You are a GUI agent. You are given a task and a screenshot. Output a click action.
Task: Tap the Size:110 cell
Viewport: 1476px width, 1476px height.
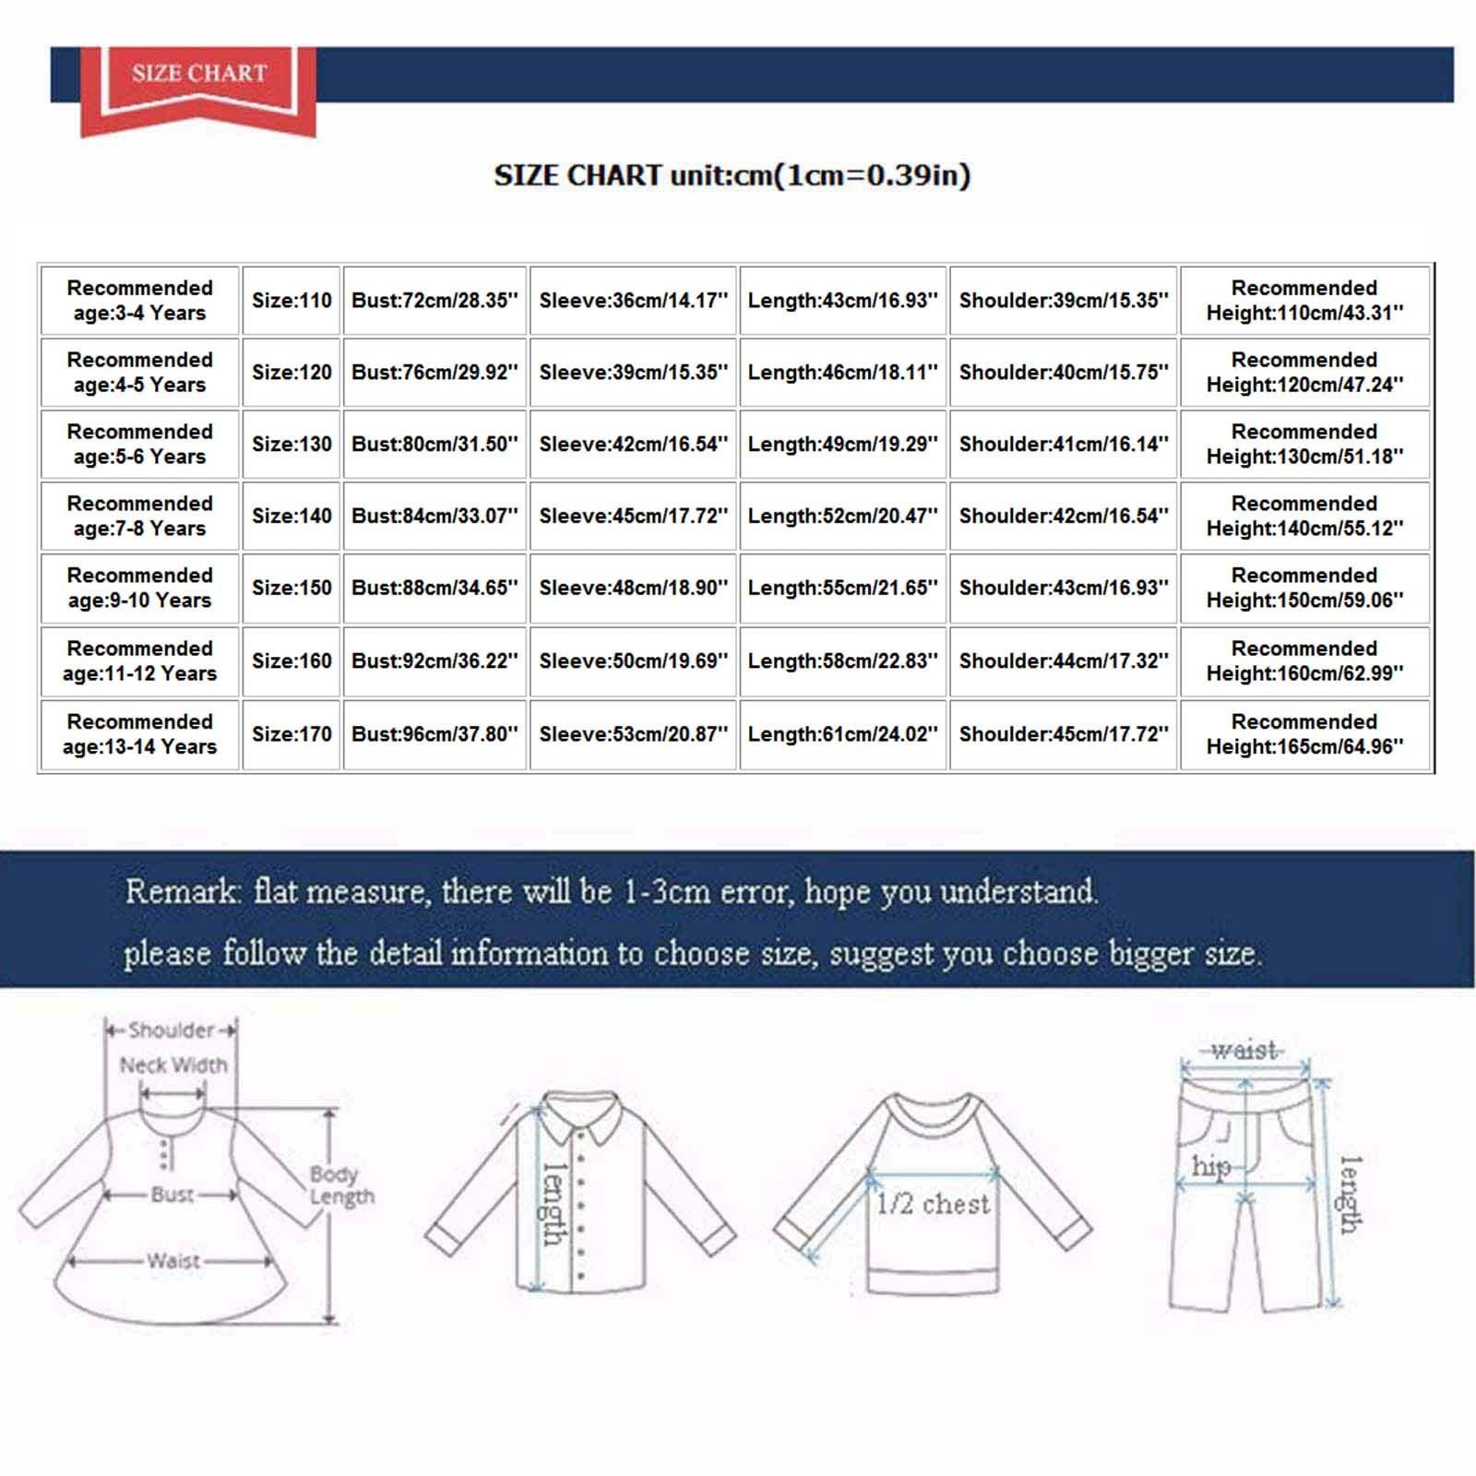coord(292,301)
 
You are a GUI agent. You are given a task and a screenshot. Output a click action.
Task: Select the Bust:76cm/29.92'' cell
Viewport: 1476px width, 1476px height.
coord(434,373)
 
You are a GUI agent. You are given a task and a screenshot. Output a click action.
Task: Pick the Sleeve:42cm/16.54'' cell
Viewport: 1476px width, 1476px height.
coord(633,445)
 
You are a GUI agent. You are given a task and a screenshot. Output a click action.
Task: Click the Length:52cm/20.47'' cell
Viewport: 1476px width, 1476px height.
coord(842,517)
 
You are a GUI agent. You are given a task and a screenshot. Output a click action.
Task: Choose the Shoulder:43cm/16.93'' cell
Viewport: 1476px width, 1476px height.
coord(1064,589)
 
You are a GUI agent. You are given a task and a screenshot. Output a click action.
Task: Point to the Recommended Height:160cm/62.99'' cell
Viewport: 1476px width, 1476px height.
coord(1304,661)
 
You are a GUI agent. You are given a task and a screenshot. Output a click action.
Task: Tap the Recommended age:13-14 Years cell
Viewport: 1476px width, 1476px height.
coord(139,734)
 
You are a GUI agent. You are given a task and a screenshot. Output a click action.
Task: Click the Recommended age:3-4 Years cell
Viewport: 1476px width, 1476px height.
coord(139,301)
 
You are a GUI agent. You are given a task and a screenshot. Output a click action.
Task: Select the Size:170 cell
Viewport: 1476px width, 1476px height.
coord(292,734)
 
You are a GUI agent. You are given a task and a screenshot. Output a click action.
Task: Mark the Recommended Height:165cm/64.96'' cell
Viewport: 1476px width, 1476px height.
coord(1304,734)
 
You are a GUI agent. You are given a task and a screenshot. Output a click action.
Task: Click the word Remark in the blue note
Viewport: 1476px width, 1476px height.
coord(182,891)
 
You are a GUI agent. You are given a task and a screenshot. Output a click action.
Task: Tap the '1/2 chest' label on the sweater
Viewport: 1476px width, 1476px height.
coord(933,1204)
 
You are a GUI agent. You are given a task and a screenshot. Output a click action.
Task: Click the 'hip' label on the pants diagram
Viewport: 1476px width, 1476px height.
coord(1210,1167)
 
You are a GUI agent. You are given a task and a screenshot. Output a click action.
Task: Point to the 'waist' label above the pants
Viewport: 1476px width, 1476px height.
coord(1244,1050)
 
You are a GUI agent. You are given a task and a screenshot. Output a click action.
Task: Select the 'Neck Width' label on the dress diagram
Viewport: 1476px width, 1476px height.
coord(173,1065)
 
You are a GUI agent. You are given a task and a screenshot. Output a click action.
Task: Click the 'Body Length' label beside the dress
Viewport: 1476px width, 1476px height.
coord(340,1185)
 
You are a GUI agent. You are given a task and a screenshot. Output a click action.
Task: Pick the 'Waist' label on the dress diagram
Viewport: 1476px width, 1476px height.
coord(173,1260)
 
